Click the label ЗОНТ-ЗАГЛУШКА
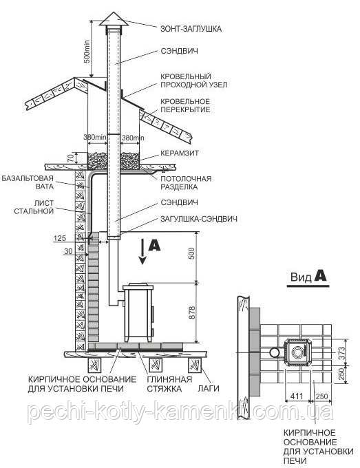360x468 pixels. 191,29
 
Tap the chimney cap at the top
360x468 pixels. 114,19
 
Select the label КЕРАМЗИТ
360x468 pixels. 180,153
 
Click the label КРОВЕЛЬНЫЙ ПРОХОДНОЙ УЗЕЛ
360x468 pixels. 193,81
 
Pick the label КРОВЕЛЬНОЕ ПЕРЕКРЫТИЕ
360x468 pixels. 185,105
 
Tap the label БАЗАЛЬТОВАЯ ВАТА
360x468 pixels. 28,182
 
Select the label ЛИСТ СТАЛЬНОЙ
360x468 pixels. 34,207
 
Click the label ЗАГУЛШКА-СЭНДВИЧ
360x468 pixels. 199,219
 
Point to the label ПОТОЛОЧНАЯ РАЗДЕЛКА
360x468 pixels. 186,182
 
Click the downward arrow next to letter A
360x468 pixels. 142,251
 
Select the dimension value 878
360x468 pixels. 192,312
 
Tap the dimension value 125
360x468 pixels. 59,238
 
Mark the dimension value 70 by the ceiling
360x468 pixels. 70,158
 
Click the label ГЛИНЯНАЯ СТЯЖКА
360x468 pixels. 169,384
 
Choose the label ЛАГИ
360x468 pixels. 209,389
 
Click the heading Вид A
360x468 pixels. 308,277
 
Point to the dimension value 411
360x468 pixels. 297,396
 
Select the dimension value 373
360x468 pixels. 342,353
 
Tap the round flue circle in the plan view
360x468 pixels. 274,353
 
